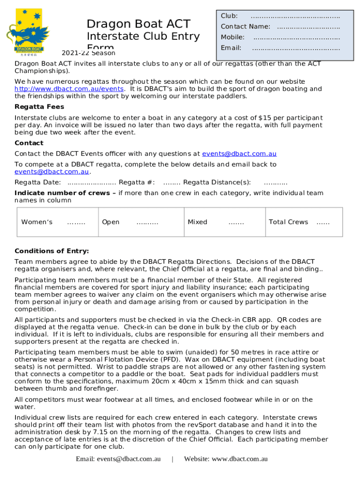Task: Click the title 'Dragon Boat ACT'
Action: (138, 24)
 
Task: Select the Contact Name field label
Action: (245, 27)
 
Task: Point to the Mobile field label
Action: (232, 37)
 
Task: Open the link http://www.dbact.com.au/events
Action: (69, 89)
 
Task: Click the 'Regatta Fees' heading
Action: (39, 107)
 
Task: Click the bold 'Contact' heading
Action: (29, 143)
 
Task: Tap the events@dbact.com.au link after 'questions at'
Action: (239, 154)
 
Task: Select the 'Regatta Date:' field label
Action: (38, 182)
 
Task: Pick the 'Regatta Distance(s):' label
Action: (217, 182)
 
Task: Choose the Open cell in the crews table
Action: (136, 222)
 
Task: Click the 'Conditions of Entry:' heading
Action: (51, 251)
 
